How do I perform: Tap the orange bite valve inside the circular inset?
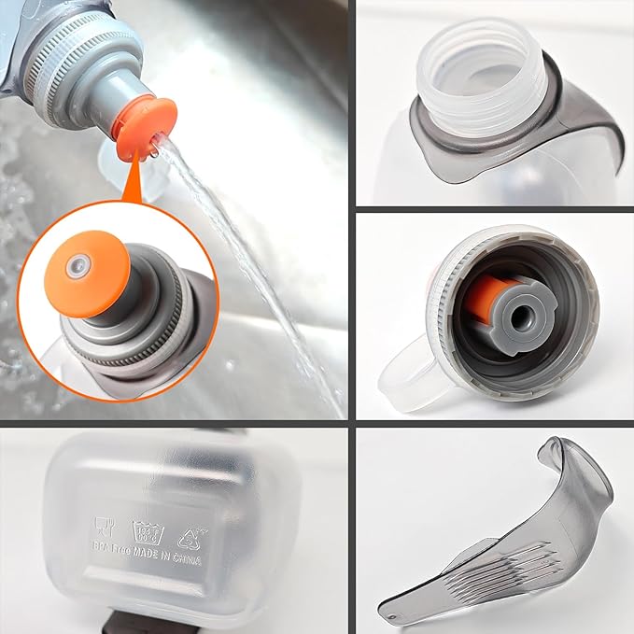(x=90, y=265)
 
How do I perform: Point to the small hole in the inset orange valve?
(x=78, y=266)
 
